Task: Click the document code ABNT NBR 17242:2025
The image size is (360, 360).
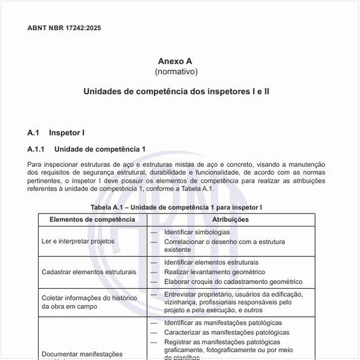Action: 64,28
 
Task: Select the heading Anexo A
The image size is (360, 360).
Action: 175,61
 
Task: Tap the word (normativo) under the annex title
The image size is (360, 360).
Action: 175,71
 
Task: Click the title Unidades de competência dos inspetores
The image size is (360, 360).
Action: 176,91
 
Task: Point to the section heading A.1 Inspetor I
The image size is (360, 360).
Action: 56,133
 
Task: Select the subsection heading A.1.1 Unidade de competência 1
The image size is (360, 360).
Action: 86,149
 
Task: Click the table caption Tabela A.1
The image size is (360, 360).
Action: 176,207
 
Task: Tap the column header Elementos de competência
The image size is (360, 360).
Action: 93,219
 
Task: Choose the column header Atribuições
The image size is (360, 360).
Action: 230,219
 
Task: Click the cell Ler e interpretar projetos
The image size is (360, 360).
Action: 78,241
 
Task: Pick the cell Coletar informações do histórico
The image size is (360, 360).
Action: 89,298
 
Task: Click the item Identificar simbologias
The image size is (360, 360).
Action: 196,232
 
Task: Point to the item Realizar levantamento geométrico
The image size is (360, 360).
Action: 214,272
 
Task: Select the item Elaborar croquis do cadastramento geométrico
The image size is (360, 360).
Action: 233,281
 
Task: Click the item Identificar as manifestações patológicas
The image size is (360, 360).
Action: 223,323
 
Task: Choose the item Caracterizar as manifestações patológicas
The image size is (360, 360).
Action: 226,333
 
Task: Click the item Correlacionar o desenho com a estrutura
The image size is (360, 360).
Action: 225,242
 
